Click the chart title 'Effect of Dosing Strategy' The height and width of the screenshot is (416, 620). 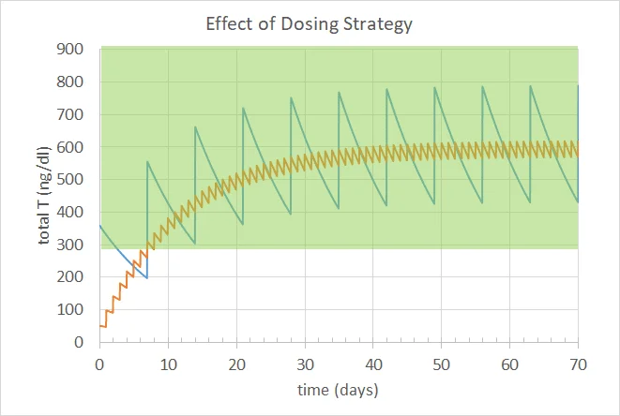coord(310,23)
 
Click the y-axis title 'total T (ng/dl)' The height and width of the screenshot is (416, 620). coord(44,196)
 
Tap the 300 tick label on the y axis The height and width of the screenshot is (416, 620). coord(77,245)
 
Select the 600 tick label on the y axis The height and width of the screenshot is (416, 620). coord(77,147)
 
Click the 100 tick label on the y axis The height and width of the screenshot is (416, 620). coord(77,310)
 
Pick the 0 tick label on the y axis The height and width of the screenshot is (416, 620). coord(85,343)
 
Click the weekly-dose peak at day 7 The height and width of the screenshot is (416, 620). coord(147,162)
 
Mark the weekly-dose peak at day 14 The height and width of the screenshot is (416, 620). coord(195,127)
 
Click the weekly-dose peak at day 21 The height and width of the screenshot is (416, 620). coord(243,108)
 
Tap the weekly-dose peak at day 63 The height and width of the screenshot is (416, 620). coord(530,86)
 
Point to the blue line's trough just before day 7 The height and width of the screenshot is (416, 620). coord(146,278)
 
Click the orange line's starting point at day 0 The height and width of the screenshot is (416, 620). coord(100,326)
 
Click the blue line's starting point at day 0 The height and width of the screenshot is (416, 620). coord(100,226)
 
